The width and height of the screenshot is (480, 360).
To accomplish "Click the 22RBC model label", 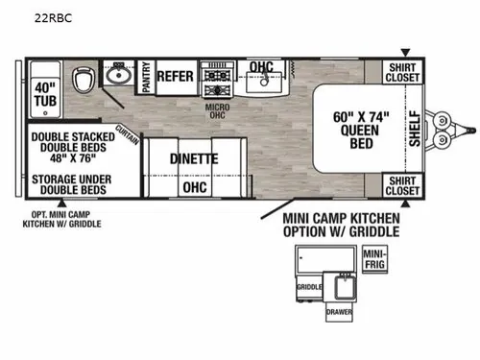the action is [53, 18].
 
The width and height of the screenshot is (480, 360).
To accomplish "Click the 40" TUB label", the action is [45, 94].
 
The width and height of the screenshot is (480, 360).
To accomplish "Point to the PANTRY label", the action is [146, 77].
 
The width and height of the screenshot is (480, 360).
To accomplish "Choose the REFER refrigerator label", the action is [175, 76].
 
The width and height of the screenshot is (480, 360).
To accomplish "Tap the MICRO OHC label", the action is [218, 111].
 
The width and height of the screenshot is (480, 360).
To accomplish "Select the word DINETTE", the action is [194, 158].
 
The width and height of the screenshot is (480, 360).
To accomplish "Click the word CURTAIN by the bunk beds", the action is [128, 134].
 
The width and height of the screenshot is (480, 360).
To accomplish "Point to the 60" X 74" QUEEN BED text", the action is [361, 130].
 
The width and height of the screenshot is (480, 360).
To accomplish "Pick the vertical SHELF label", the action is [415, 129].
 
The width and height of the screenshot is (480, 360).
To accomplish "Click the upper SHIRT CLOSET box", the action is [402, 73].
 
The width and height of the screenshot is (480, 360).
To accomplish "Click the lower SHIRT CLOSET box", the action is [402, 185].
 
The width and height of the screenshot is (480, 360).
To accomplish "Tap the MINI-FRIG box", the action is [374, 259].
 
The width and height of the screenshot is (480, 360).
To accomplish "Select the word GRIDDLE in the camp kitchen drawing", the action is [309, 287].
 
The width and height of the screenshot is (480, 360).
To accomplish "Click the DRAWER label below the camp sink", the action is [339, 312].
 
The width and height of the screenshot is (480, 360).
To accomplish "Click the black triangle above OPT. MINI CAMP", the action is [61, 203].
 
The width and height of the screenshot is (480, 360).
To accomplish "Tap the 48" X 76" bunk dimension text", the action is [73, 158].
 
